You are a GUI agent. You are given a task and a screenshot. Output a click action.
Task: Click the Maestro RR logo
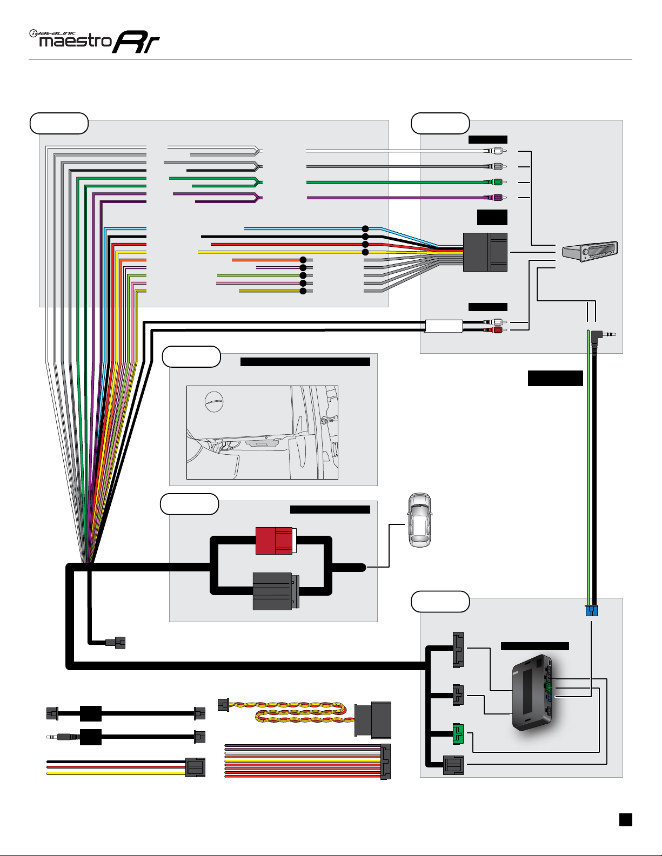pyautogui.click(x=95, y=41)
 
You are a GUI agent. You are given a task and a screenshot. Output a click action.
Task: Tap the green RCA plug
pyautogui.click(x=496, y=182)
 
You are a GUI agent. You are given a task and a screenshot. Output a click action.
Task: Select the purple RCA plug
pyautogui.click(x=496, y=198)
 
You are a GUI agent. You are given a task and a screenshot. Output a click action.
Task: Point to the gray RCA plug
pyautogui.click(x=496, y=166)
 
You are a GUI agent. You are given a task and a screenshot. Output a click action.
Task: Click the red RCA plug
pyautogui.click(x=496, y=329)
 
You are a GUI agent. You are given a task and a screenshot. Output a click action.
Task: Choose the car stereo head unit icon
pyautogui.click(x=590, y=252)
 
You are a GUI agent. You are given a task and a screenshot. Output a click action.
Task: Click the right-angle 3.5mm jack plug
pyautogui.click(x=599, y=335)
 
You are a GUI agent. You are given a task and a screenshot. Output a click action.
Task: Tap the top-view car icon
pyautogui.click(x=420, y=520)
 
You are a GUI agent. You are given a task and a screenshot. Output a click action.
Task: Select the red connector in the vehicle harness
pyautogui.click(x=276, y=541)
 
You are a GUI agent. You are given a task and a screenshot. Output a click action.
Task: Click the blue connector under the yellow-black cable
pyautogui.click(x=591, y=610)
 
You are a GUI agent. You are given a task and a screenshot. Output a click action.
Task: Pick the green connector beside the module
pyautogui.click(x=458, y=733)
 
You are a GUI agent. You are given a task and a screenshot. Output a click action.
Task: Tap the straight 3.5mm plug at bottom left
pyautogui.click(x=59, y=736)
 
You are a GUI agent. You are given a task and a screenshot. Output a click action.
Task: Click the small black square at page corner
pyautogui.click(x=625, y=819)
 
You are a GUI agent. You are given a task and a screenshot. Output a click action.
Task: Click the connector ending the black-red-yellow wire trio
pyautogui.click(x=195, y=767)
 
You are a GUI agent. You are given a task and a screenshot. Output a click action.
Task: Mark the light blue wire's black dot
pyautogui.click(x=365, y=229)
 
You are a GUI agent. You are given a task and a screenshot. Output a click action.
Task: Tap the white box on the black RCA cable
pyautogui.click(x=444, y=326)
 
